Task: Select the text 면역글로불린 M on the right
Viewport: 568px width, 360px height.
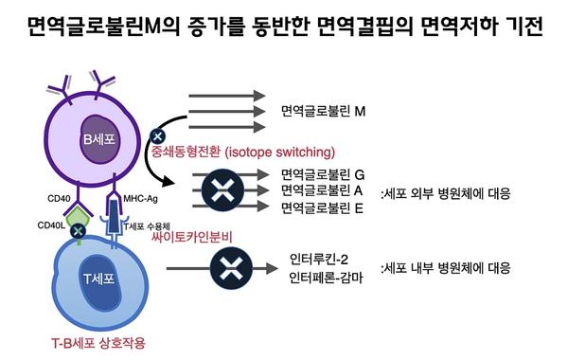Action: pos(324,112)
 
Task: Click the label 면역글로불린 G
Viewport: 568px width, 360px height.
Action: pos(324,175)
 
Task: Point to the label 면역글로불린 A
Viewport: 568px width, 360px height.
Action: pos(324,190)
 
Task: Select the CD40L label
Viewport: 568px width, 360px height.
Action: pos(51,226)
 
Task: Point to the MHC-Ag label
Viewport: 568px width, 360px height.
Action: pos(140,199)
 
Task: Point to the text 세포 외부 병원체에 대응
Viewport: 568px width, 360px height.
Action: pos(445,193)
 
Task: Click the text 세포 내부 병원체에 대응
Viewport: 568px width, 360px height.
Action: pos(445,267)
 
